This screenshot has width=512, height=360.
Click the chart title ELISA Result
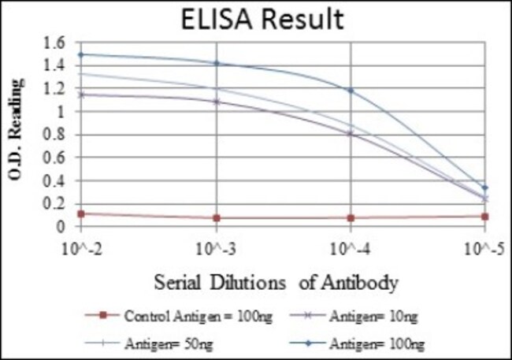[x=260, y=18]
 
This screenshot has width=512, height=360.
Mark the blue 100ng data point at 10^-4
[x=351, y=91]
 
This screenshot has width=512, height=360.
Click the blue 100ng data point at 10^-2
[x=80, y=54]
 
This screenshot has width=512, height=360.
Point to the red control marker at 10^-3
[x=216, y=217]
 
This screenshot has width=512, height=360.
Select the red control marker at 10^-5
[x=485, y=216]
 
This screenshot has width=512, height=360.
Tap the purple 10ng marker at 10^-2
[x=80, y=95]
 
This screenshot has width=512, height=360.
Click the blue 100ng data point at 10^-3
[x=216, y=63]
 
